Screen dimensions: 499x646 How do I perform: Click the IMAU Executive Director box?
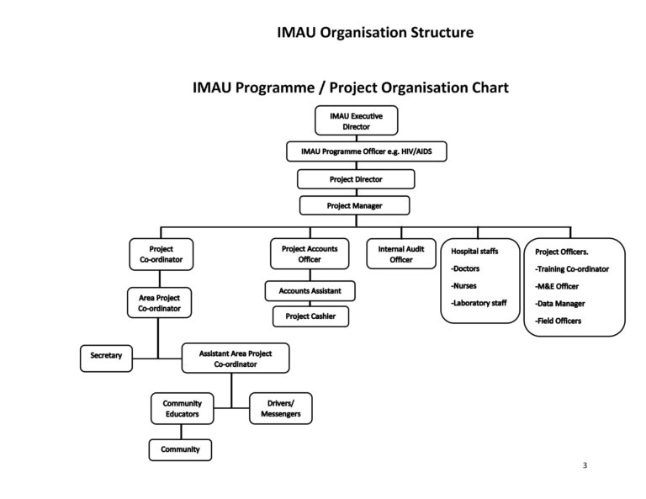tap(356, 121)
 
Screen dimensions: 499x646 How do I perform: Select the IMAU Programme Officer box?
tap(367, 151)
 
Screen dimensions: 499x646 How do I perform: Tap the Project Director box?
tap(356, 179)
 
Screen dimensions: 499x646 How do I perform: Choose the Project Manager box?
tap(356, 205)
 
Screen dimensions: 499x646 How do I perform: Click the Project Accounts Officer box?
tap(310, 254)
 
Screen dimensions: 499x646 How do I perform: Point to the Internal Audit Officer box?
tap(401, 254)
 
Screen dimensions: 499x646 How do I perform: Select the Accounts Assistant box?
tap(310, 291)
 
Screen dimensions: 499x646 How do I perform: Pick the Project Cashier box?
tap(310, 316)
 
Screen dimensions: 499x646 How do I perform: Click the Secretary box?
tap(106, 356)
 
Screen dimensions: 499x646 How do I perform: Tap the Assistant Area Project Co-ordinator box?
tap(236, 359)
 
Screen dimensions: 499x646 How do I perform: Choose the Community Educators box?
tap(183, 409)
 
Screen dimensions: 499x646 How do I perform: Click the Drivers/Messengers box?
tap(281, 409)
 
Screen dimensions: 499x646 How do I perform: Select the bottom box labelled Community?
tap(181, 449)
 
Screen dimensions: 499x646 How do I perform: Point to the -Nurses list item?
tap(464, 285)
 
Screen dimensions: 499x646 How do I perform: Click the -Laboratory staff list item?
tap(479, 303)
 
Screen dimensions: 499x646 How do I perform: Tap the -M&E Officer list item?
tap(557, 286)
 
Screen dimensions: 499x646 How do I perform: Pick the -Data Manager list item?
tap(560, 304)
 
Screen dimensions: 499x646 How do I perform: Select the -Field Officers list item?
tap(559, 321)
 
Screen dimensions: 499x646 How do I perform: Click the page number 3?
tap(584, 464)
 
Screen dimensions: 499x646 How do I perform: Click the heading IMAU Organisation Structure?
tap(375, 34)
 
